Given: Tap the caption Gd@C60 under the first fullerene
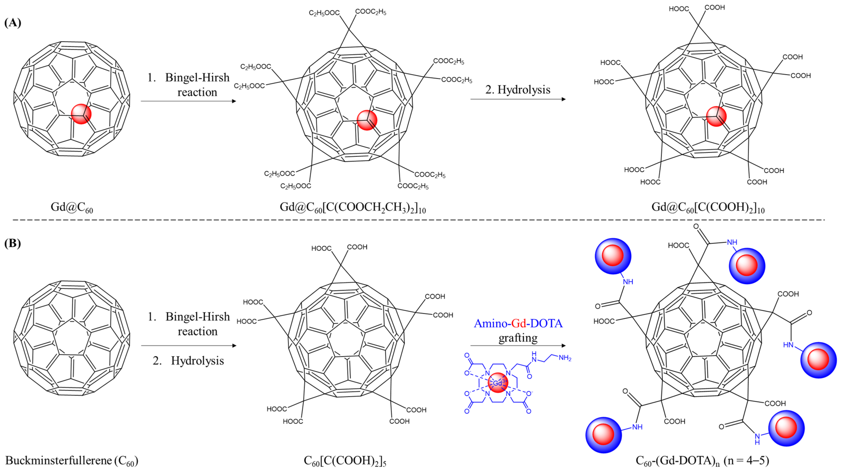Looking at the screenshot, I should [x=72, y=207].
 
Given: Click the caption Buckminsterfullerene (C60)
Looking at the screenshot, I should [x=72, y=461].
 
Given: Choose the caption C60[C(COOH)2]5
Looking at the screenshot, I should [x=345, y=461].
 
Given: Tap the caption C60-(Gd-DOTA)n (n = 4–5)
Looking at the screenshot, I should [x=702, y=461].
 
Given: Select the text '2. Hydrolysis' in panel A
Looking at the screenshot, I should [x=518, y=89].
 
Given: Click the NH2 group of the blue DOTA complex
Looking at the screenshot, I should [x=565, y=358].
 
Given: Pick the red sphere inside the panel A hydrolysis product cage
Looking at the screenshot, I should [x=716, y=116].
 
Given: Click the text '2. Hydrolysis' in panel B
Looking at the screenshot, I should [x=188, y=361].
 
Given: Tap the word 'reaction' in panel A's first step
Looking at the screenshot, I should [x=197, y=92].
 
